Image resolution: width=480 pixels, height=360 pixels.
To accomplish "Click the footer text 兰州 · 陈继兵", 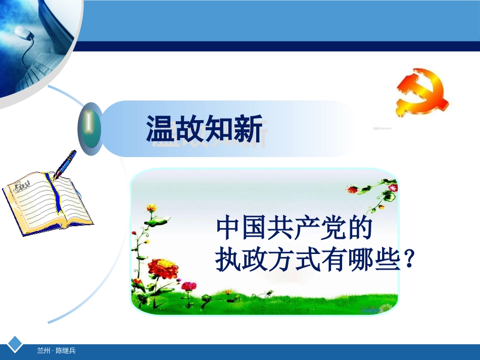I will pos(56,350).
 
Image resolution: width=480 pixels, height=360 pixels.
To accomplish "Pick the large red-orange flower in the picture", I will pos(163,269).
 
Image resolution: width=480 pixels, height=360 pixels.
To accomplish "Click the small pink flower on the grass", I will pos(188,286).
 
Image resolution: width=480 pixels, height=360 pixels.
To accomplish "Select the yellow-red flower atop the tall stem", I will pos(151,208).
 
